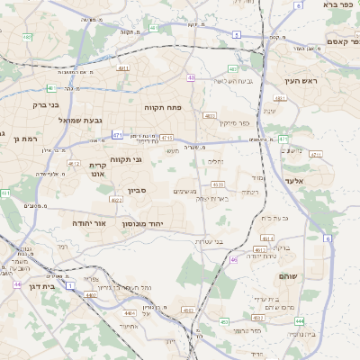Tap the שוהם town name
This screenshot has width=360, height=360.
(288, 275)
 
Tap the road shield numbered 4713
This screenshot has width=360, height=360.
(167, 138)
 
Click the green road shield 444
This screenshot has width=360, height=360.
(300, 320)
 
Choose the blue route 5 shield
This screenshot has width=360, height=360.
(236, 33)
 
